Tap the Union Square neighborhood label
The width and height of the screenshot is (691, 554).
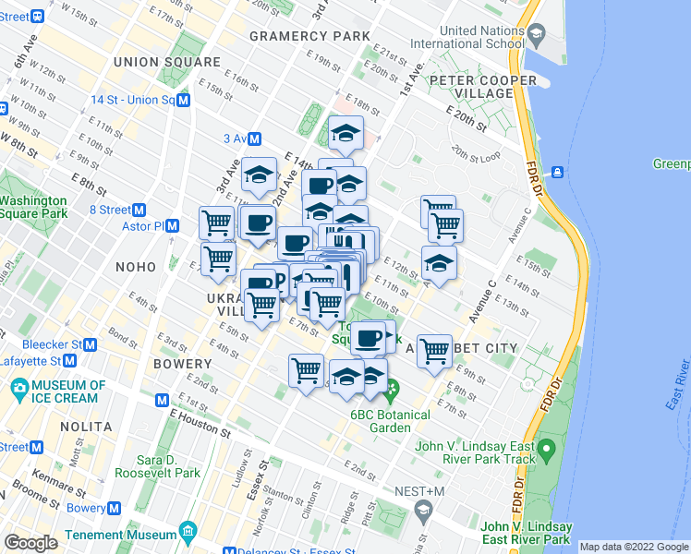[x=167, y=62]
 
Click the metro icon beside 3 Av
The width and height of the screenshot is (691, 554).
[x=254, y=138]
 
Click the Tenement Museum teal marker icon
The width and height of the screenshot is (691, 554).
[x=188, y=534]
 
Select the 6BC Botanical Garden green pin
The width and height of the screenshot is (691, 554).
[x=390, y=394]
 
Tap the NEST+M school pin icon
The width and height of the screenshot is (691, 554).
[x=424, y=509]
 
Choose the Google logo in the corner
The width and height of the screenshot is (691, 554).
[x=30, y=543]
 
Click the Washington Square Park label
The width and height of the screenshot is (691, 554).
[x=34, y=207]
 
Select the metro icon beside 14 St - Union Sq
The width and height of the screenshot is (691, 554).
[x=184, y=100]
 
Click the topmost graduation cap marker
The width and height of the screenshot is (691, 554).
[x=345, y=135]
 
